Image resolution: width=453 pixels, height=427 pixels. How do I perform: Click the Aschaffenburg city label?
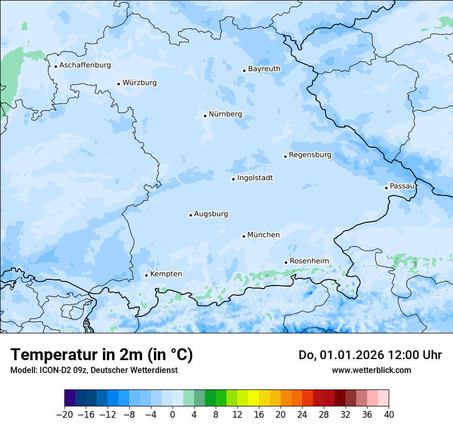(x=85, y=65)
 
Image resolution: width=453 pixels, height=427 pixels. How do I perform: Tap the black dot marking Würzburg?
(x=118, y=84)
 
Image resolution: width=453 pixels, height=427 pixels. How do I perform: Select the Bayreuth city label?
(x=264, y=69)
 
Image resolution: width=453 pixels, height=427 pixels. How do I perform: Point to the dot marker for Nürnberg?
(x=205, y=116)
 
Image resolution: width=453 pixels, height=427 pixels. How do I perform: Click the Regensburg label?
(x=310, y=155)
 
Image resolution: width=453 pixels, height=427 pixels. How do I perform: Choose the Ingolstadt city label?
(x=255, y=178)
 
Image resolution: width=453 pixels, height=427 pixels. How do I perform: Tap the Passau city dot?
(x=386, y=188)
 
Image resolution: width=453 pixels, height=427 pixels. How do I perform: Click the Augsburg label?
(x=211, y=214)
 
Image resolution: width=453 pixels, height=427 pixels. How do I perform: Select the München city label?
(x=264, y=235)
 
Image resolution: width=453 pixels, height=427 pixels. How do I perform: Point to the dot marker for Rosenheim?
(x=286, y=262)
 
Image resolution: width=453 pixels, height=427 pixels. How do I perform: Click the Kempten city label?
(x=166, y=274)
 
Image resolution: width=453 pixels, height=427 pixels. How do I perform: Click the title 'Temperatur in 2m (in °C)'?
(x=101, y=355)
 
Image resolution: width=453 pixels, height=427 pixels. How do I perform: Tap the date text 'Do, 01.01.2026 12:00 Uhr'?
(x=370, y=355)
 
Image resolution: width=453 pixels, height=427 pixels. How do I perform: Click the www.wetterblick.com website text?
(x=371, y=370)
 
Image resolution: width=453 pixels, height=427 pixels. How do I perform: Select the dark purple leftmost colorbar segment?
(x=69, y=398)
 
